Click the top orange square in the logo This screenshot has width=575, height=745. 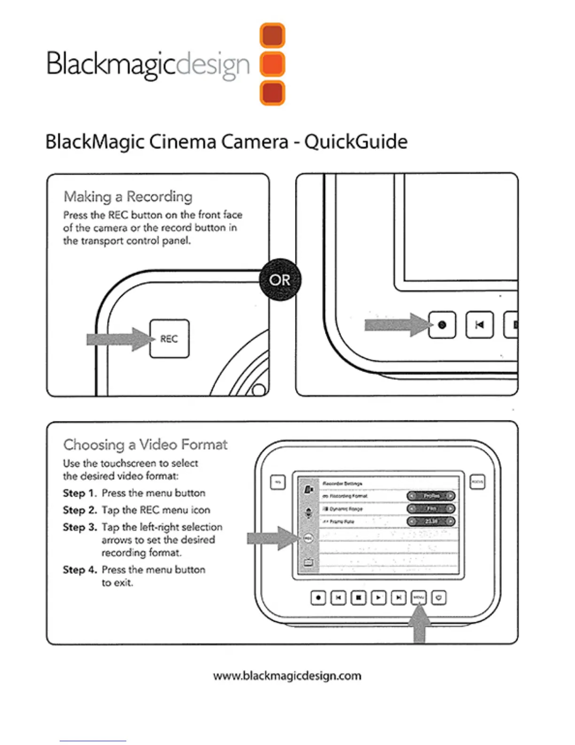click(272, 35)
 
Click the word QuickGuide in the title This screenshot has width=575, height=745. click(356, 142)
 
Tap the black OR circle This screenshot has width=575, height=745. click(280, 280)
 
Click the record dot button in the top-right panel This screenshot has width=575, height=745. click(442, 325)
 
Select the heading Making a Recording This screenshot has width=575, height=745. click(128, 196)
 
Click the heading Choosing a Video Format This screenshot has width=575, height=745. click(145, 444)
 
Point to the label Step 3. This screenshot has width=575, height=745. click(80, 527)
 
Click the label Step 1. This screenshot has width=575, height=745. click(80, 493)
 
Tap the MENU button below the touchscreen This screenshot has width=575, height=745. click(418, 598)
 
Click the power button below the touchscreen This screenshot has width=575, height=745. click(438, 598)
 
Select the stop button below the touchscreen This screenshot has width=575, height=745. click(358, 598)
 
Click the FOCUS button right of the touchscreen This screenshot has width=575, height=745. click(477, 482)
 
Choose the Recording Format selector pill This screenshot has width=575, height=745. click(431, 496)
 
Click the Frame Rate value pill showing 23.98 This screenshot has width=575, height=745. click(431, 521)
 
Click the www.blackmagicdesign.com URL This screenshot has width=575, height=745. click(287, 676)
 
